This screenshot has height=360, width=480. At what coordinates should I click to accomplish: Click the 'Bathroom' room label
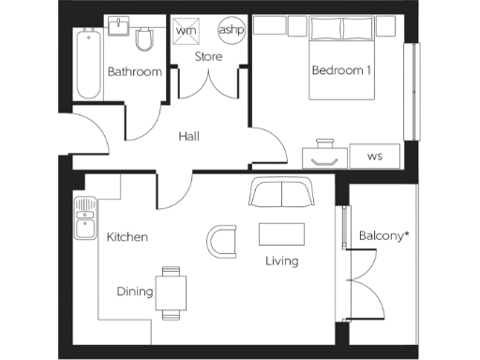[134, 72]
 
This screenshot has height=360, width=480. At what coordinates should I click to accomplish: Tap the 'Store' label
[208, 57]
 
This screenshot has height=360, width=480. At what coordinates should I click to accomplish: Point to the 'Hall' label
[189, 137]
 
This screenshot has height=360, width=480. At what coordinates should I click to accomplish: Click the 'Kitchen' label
[127, 237]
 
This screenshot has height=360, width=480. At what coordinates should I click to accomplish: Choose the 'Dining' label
[135, 292]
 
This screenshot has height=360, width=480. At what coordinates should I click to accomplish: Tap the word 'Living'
[281, 261]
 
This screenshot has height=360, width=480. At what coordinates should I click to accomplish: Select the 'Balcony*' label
[384, 235]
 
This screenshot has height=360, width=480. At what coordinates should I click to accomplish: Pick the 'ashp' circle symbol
[231, 29]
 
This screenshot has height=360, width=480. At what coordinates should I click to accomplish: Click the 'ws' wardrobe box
[374, 155]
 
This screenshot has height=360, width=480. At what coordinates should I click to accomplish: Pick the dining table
[171, 292]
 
